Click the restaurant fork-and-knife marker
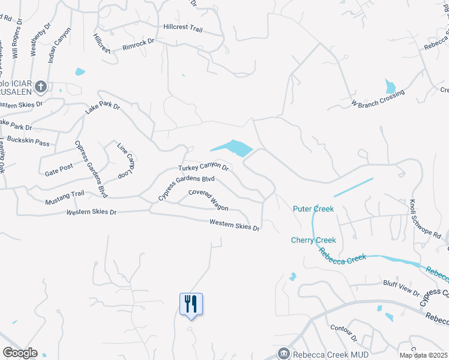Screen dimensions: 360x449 pos(191,304)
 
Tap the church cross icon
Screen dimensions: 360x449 pos(41,88)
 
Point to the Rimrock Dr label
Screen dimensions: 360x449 pos(139,42)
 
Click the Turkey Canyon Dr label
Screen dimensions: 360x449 pos(203,168)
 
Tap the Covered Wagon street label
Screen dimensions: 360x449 pos(208,200)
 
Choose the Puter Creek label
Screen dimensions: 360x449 pos(313,209)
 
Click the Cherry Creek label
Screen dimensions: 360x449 pos(313,240)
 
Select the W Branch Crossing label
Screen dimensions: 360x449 pos(378,98)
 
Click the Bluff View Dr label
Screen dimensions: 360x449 pos(400,287)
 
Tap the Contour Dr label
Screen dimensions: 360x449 pos(344,335)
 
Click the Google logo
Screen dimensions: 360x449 pos(20,352)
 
